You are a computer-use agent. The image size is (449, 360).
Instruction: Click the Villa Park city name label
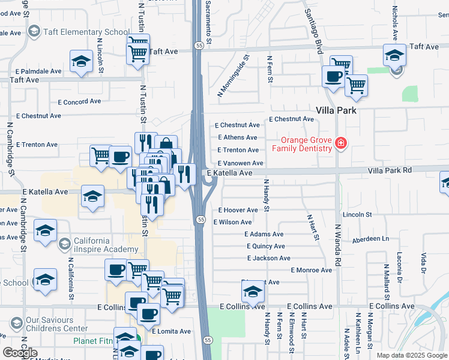[x=336, y=110]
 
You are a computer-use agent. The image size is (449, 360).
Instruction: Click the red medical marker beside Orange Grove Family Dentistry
[x=340, y=143]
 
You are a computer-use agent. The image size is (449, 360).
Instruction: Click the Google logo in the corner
[x=20, y=353]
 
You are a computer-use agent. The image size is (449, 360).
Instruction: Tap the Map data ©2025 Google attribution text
[x=412, y=355]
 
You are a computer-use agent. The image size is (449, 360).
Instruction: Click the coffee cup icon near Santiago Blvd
[x=333, y=76]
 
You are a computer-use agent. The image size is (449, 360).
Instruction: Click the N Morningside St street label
[x=234, y=76]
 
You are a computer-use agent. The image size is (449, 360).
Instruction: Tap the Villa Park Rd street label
[x=390, y=170]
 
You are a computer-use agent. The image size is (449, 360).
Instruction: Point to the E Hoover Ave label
[x=238, y=210]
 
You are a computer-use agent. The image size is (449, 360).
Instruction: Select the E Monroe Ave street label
[x=311, y=270]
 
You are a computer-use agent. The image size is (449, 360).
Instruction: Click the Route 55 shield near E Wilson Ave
[x=200, y=220]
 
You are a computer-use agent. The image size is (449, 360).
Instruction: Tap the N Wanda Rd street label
[x=338, y=245]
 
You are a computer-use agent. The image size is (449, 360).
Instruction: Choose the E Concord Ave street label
[x=79, y=102]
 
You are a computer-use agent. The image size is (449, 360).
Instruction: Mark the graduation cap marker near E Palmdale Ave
[x=81, y=61]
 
